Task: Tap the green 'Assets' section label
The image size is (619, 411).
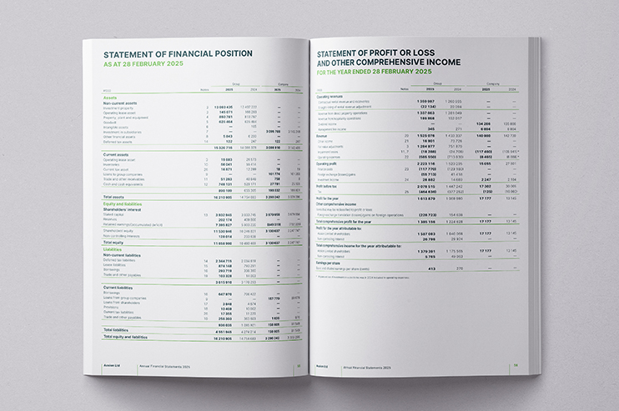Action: point(109,96)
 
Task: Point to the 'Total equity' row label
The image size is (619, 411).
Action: point(115,242)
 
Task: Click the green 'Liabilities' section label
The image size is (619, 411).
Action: point(113,248)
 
